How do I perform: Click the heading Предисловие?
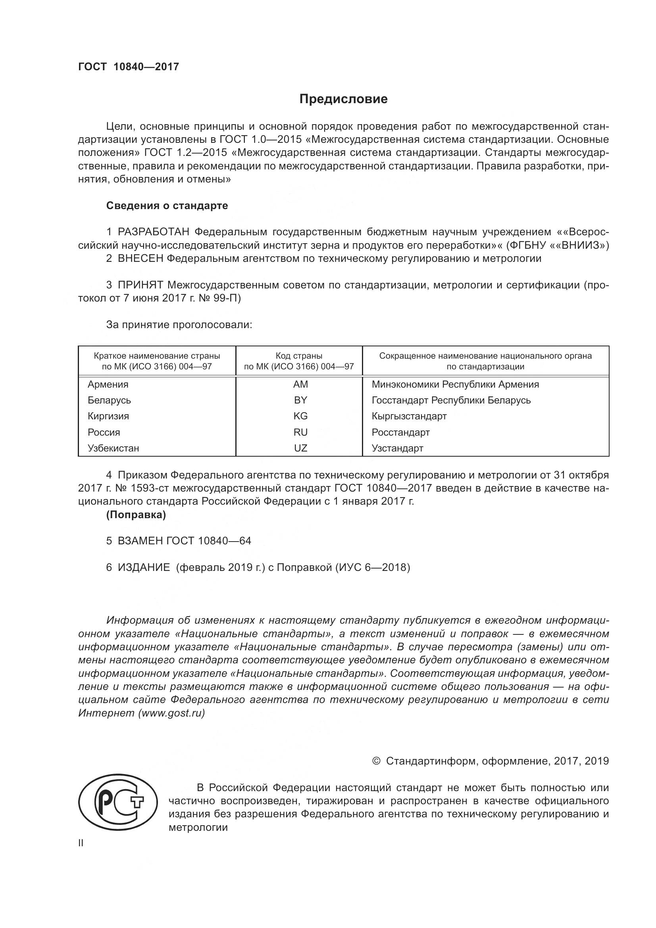[x=343, y=99]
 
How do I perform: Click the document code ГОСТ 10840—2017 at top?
[x=129, y=67]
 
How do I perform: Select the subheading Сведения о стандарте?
[x=167, y=206]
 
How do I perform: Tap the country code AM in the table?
[x=300, y=384]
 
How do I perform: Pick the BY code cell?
[x=300, y=400]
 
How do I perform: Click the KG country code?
[x=300, y=416]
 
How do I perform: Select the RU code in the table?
[x=300, y=432]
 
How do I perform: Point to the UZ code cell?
[x=300, y=448]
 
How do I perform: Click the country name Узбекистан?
[x=113, y=448]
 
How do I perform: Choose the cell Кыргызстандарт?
[x=409, y=416]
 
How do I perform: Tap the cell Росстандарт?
[x=400, y=432]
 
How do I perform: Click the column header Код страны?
[x=299, y=356]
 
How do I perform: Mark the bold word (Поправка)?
[x=136, y=515]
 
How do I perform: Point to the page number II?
[x=81, y=843]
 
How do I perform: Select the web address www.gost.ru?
[x=171, y=713]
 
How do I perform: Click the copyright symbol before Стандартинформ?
[x=376, y=761]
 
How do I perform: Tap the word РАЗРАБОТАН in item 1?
[x=154, y=232]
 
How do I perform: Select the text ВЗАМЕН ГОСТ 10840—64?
[x=184, y=541]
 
